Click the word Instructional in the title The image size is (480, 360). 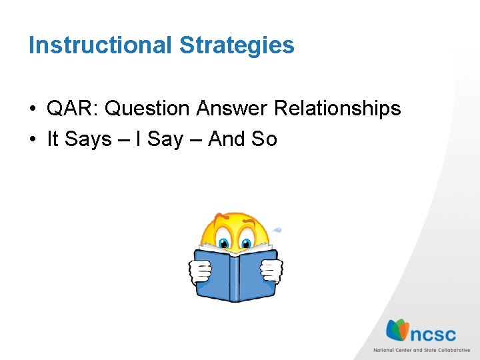(x=100, y=45)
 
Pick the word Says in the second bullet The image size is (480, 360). (x=89, y=139)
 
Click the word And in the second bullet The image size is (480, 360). (x=226, y=139)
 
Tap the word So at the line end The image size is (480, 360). (x=264, y=139)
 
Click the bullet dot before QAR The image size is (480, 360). (x=33, y=109)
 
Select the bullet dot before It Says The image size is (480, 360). (x=33, y=140)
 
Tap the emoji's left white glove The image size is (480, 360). (x=200, y=270)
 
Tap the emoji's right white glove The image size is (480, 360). (x=271, y=270)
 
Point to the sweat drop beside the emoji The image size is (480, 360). (x=277, y=231)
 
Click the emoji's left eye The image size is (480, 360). (x=224, y=241)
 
